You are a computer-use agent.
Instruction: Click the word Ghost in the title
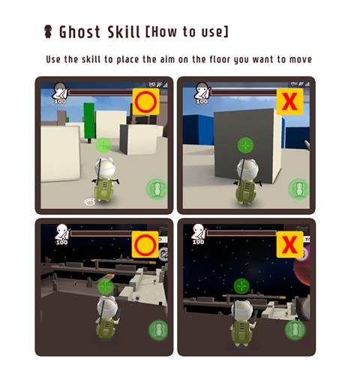[79, 32]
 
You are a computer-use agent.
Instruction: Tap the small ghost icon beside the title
[48, 31]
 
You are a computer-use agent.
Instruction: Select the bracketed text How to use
[187, 31]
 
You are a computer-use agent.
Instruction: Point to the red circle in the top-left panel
[145, 102]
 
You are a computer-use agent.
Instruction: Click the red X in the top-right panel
[289, 101]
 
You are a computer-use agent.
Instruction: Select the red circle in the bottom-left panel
[145, 245]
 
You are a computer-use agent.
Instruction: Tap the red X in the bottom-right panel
[289, 244]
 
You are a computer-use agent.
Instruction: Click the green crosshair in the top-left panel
[103, 145]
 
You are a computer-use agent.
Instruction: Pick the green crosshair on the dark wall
[245, 145]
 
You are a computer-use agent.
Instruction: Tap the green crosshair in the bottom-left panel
[106, 287]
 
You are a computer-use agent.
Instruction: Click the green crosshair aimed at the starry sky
[241, 286]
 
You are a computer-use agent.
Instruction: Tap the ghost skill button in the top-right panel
[298, 189]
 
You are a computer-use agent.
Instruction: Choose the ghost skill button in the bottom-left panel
[158, 330]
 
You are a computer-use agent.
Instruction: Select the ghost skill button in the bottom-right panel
[295, 330]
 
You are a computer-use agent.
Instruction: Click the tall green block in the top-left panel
[89, 121]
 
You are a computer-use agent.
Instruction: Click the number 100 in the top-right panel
[202, 101]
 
